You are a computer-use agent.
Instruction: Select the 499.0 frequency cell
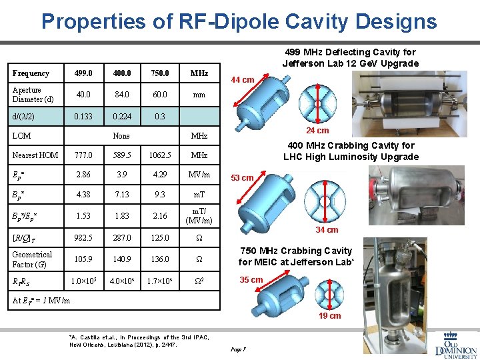point(84,73)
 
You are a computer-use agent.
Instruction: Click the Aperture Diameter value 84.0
point(121,95)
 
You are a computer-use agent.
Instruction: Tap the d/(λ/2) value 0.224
point(121,115)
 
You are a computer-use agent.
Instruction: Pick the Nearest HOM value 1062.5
point(160,155)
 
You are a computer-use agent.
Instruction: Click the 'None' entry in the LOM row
point(121,135)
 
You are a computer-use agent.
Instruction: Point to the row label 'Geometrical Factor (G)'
point(32,259)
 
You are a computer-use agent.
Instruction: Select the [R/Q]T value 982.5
point(84,238)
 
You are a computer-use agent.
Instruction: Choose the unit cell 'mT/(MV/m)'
point(199,216)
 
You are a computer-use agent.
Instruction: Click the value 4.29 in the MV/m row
point(160,175)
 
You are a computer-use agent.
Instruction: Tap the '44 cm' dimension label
point(242,80)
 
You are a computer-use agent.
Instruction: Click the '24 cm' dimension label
point(317,131)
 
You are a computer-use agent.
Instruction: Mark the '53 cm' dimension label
point(242,178)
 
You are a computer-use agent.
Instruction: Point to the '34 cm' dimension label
point(327,230)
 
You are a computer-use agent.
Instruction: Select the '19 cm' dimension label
point(329,316)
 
